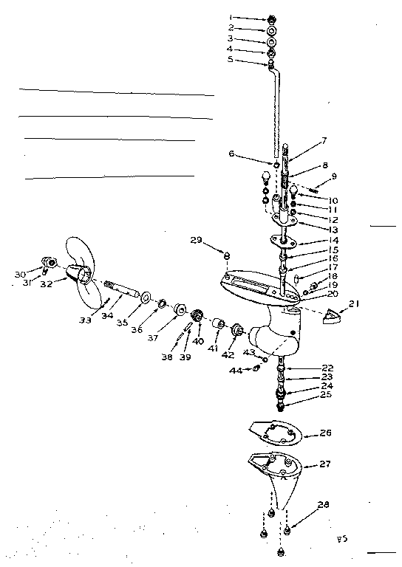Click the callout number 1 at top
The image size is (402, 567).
tap(251, 16)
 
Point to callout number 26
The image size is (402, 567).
tap(327, 434)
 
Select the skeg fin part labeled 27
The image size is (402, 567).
tap(285, 480)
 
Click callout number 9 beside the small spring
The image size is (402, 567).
tap(334, 176)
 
